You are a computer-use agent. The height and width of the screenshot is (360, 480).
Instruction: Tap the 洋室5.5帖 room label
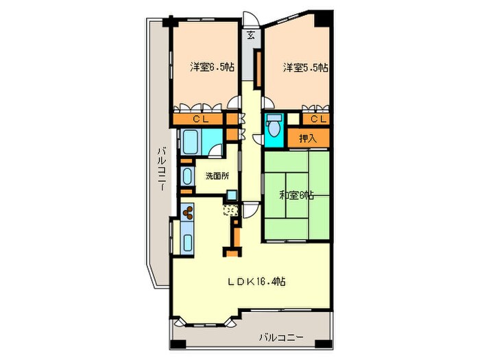coord(306,67)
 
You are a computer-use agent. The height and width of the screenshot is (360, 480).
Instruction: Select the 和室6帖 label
coord(296,195)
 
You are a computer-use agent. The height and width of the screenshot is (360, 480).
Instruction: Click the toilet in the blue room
coord(274,128)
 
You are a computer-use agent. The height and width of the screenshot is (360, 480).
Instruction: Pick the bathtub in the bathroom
coord(192,143)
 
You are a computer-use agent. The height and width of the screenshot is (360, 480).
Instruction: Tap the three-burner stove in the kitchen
coord(187,215)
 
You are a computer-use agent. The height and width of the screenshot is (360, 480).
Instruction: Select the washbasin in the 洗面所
coord(187,176)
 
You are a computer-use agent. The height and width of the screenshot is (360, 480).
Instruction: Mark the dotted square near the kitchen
coord(232,211)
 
